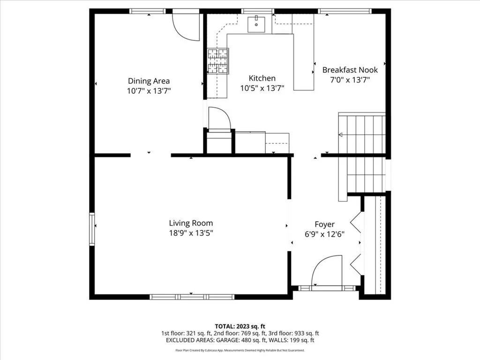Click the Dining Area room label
149,81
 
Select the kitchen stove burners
218,61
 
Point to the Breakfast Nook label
350,70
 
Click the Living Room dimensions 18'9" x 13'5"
191,233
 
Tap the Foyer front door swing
326,270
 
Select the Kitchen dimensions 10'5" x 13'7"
262,89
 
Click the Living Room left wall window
92,229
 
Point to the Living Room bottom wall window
192,297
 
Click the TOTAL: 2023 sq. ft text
238,326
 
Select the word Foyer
324,225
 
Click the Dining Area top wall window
147,11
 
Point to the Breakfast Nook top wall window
345,11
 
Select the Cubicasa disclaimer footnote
240,350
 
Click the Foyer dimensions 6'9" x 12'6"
324,234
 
